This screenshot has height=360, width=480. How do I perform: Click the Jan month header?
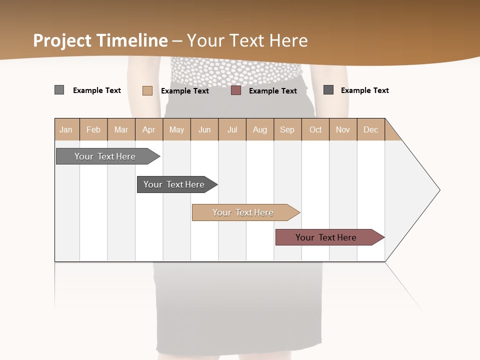[x=66, y=129]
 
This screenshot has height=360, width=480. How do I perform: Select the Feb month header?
[x=93, y=129]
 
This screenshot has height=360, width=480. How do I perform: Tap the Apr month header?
[x=149, y=129]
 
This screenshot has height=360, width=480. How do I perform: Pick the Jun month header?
[x=204, y=129]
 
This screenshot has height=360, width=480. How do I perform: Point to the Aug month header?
[x=260, y=129]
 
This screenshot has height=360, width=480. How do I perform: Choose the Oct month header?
[x=315, y=129]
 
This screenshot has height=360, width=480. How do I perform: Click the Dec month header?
[x=371, y=129]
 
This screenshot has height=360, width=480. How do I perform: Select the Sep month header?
[x=287, y=129]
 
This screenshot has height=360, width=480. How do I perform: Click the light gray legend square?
[x=59, y=90]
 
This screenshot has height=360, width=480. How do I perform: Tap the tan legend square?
[x=147, y=90]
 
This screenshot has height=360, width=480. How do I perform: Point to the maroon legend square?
[x=236, y=90]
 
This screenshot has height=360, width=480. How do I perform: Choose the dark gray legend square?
[x=328, y=90]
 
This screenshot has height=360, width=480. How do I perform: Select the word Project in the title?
[x=62, y=40]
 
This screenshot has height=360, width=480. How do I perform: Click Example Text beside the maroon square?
[x=273, y=91]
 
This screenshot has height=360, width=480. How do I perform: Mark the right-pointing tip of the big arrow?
[x=439, y=190]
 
